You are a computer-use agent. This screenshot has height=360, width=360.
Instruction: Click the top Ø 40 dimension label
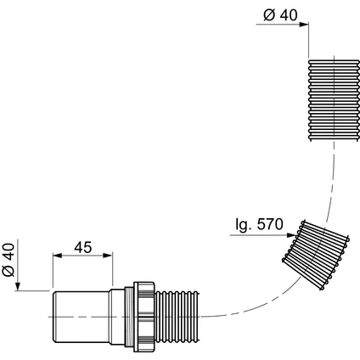tap(280, 15)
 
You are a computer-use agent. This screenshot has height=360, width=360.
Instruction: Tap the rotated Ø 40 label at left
tap(8, 260)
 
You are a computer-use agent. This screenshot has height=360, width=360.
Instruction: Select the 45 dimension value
tap(83, 247)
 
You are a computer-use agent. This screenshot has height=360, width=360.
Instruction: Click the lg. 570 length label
tap(259, 224)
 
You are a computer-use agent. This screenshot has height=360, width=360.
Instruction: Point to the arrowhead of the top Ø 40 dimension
tap(304, 25)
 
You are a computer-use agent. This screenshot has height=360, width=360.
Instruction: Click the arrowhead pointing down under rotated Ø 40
tap(18, 286)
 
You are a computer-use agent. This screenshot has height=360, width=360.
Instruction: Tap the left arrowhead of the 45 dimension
tap(58, 256)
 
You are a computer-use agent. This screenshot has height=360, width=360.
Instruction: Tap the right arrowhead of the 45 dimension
tap(108, 256)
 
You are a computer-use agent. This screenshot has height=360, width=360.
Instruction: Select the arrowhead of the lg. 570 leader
tap(291, 235)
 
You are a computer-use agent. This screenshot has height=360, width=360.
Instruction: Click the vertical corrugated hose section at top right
tap(334, 100)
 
